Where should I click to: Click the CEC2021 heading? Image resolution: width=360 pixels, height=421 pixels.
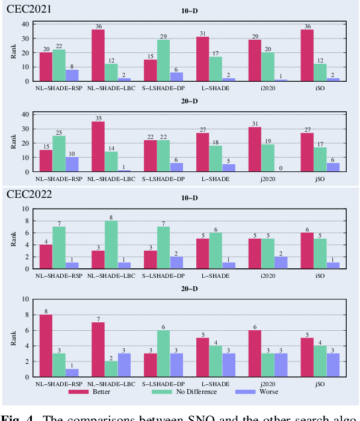coord(29,10)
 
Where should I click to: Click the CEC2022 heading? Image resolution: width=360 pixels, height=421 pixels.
coord(29,194)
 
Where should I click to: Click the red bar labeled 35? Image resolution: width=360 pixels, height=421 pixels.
coord(98,147)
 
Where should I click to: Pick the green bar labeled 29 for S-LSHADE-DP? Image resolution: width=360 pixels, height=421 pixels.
coord(163,60)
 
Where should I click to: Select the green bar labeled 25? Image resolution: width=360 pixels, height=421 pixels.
coord(59,154)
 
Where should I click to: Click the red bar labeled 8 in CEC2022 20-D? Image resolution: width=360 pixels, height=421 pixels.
coord(46,346)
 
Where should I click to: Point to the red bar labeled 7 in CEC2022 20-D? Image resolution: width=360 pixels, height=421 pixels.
coord(98,349)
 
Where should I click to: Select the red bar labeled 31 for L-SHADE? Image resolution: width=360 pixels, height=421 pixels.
coord(202,59)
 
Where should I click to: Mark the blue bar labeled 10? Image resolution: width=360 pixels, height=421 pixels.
coord(72,165)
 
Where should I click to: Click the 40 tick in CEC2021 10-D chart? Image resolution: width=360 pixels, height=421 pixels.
coord(26,24)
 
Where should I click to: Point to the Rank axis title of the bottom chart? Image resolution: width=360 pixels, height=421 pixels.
coord(14,338)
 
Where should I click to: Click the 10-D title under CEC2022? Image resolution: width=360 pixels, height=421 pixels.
coord(190,198)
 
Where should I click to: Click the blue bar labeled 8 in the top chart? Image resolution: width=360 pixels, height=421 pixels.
coord(72,75)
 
